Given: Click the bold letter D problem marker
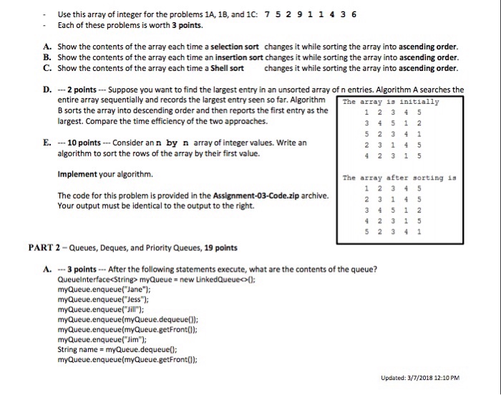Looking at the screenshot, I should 47,90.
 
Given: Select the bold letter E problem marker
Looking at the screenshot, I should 47,143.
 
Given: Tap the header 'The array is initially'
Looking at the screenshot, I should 391,101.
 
